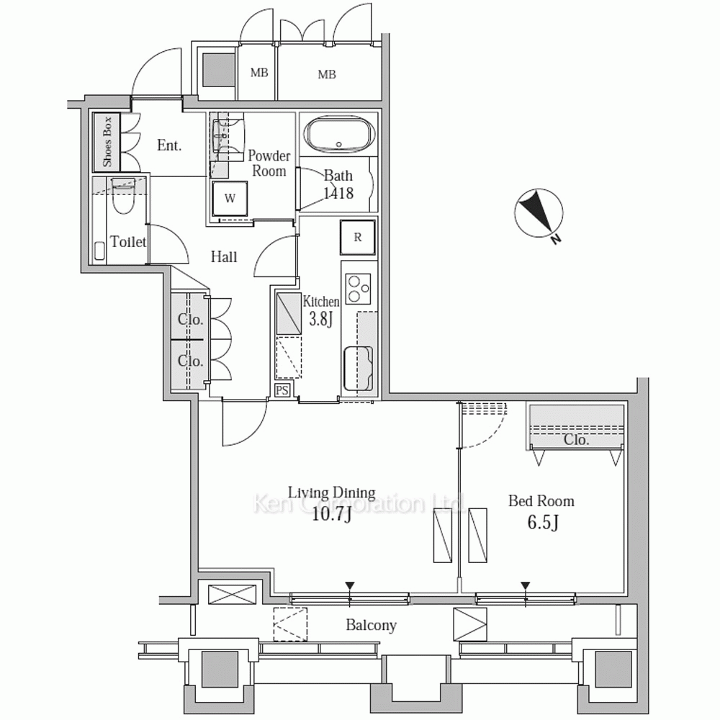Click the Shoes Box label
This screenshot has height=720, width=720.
pyautogui.click(x=107, y=142)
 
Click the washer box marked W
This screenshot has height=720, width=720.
pyautogui.click(x=230, y=199)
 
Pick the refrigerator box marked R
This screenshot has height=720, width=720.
pyautogui.click(x=358, y=237)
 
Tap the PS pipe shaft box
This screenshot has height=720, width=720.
pyautogui.click(x=282, y=390)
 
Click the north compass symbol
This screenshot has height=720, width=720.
pyautogui.click(x=538, y=214)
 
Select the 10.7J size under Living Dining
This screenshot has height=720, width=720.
pyautogui.click(x=331, y=516)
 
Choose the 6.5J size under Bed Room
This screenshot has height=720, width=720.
pyautogui.click(x=543, y=523)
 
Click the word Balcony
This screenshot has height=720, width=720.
pyautogui.click(x=371, y=626)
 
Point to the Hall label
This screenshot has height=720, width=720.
pyautogui.click(x=224, y=256)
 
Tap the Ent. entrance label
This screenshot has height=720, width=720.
pyautogui.click(x=169, y=145)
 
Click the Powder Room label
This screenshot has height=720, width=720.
pyautogui.click(x=269, y=163)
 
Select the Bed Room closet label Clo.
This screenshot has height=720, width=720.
pyautogui.click(x=576, y=440)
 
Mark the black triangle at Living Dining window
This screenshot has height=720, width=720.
pyautogui.click(x=350, y=585)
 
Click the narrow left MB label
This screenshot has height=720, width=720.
pyautogui.click(x=259, y=73)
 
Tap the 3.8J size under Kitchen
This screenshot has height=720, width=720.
pyautogui.click(x=320, y=319)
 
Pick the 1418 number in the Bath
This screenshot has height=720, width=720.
pyautogui.click(x=338, y=193)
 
